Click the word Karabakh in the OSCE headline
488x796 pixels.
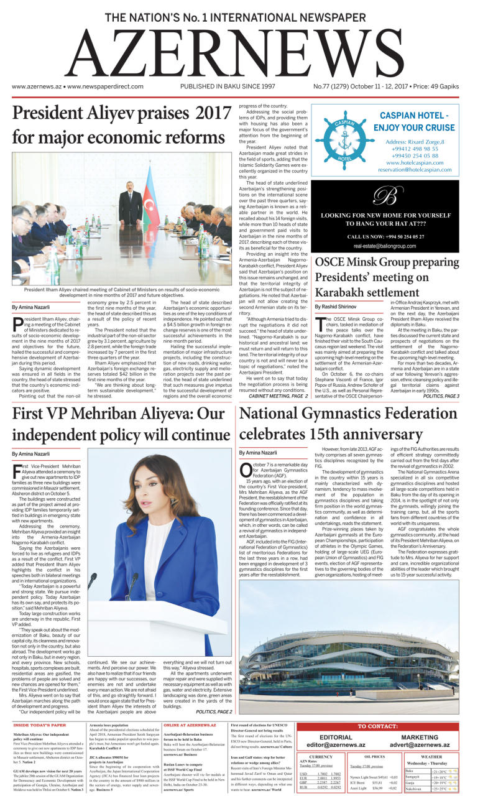pyautogui.click(x=346, y=292)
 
